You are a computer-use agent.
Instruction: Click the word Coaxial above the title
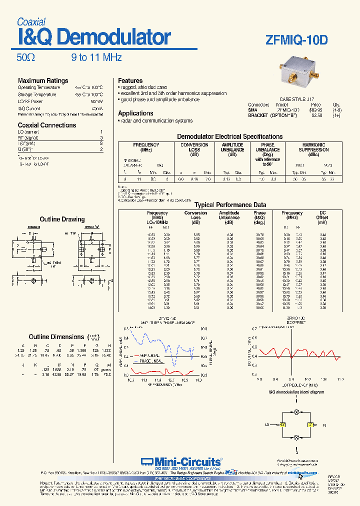point(31,22)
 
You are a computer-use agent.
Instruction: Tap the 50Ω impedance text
point(26,57)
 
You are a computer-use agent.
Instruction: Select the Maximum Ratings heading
point(43,80)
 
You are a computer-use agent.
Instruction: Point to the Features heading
point(130,80)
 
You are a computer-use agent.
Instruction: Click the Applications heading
point(135,113)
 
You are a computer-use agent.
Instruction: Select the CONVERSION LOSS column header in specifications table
point(194,147)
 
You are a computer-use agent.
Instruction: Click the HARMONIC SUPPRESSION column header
point(313,147)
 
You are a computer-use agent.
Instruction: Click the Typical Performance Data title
point(230,204)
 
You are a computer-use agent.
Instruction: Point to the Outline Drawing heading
point(62,219)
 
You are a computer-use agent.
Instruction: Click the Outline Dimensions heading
point(56,337)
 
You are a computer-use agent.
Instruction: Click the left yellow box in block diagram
point(282,424)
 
